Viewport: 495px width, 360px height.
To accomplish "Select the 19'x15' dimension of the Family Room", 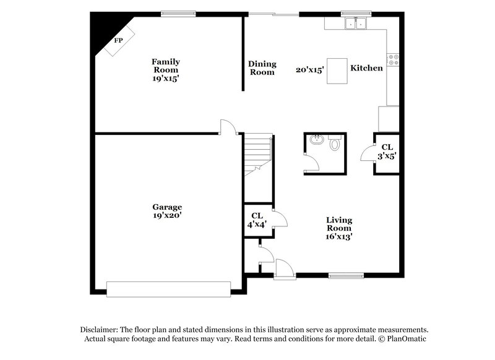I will point(166,79).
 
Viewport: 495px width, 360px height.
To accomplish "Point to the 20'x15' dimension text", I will point(310,71).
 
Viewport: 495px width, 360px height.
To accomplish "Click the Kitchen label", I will point(366,68).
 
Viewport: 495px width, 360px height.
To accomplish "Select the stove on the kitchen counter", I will point(392,60).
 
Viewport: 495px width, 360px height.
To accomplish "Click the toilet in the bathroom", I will point(335,144).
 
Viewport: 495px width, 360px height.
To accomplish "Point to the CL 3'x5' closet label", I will point(387,152).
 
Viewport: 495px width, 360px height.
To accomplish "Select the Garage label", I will point(167,207).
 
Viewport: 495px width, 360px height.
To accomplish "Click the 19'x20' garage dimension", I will point(167,216).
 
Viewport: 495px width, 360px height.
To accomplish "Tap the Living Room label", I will point(340,224).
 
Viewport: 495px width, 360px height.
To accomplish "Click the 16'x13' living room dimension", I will point(340,236).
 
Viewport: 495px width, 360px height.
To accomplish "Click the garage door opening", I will point(169,288).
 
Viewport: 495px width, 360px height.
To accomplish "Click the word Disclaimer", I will point(101,330).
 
